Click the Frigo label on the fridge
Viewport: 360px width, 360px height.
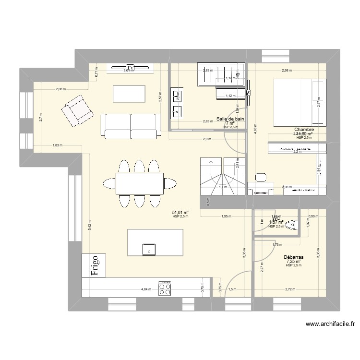pos(94,265)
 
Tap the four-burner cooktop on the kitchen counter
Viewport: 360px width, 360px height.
pos(166,289)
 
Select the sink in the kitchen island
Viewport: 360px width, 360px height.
pos(149,250)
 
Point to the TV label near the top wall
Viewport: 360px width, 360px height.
pos(130,67)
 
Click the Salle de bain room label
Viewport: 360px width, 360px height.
pos(230,119)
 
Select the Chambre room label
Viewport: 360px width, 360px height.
pos(304,129)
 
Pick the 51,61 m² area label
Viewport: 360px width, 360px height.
pos(180,212)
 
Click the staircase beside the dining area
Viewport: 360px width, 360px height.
pos(221,177)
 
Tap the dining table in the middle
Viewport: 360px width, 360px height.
pos(139,183)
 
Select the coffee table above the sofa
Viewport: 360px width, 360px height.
pos(129,93)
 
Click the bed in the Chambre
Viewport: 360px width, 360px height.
pos(298,102)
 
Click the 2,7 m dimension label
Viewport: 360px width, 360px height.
pos(41,117)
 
